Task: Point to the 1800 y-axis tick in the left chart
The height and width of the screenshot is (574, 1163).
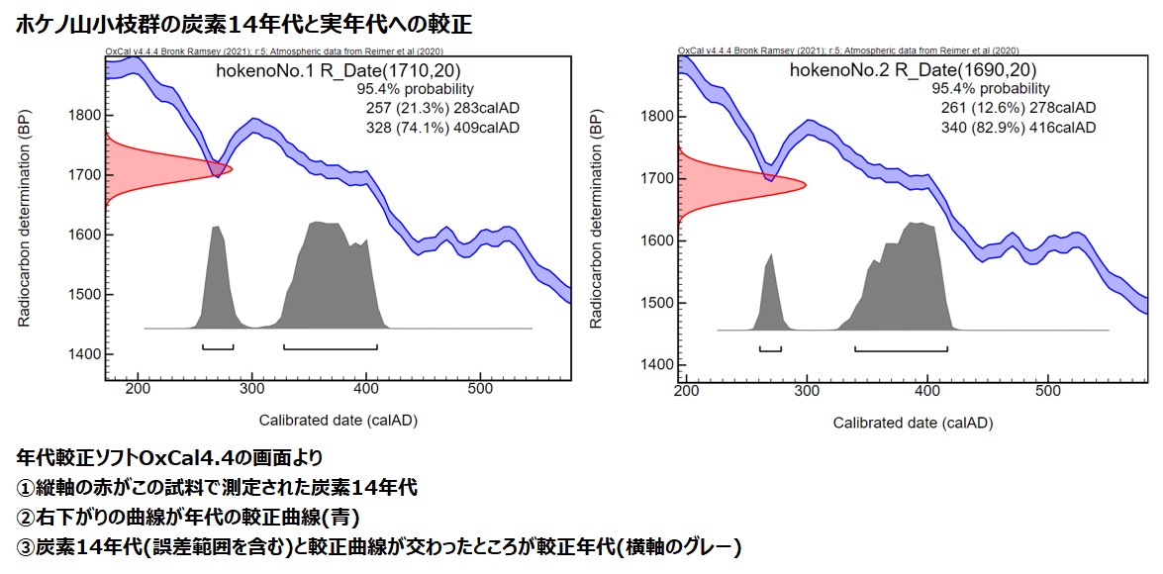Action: tap(82, 115)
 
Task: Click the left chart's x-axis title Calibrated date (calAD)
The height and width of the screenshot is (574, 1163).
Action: tap(339, 420)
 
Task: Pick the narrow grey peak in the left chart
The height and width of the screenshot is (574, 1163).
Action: tap(218, 282)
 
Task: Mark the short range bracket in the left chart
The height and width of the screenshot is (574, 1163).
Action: tap(218, 347)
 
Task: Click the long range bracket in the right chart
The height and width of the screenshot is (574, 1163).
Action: tap(901, 348)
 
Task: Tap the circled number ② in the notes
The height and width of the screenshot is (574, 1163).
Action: tap(26, 517)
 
